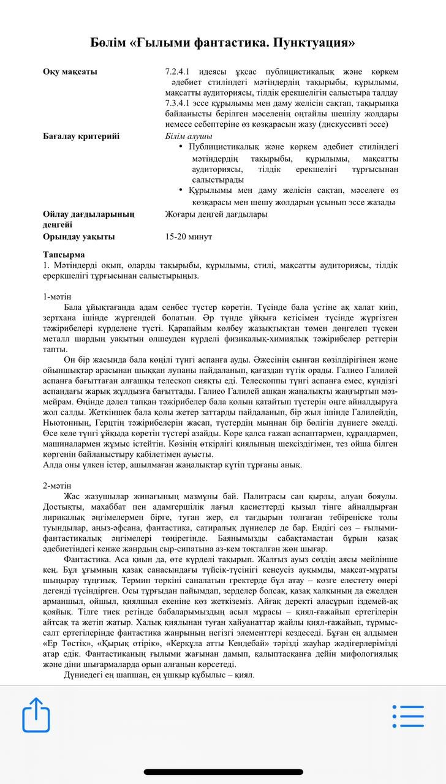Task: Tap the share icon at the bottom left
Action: click(36, 714)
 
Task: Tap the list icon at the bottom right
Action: click(408, 716)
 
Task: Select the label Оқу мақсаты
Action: click(70, 72)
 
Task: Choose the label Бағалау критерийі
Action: click(81, 136)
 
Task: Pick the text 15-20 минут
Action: click(189, 236)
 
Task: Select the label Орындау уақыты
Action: click(78, 236)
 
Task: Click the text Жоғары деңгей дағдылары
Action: click(216, 214)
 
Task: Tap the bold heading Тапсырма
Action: click(64, 254)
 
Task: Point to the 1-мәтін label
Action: click(57, 296)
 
